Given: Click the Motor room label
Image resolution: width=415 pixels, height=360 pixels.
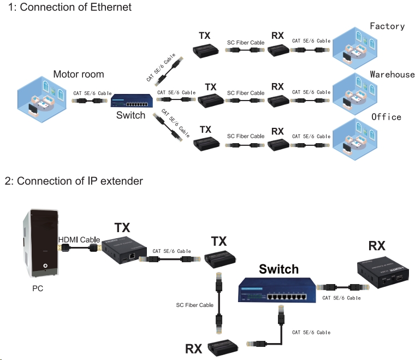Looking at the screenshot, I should tap(78, 74).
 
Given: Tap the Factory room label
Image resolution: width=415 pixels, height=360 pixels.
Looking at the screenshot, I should tap(387, 26).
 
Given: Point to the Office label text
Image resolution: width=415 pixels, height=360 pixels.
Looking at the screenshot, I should tap(386, 117).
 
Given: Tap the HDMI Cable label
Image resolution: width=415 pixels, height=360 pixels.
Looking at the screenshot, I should tap(79, 240).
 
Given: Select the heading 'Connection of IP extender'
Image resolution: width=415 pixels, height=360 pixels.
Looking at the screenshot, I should tap(74, 181).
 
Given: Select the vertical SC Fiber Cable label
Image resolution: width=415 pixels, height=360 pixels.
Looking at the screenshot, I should tap(194, 305).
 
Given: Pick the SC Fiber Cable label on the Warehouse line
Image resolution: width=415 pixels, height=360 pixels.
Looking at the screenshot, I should tap(246, 93).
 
